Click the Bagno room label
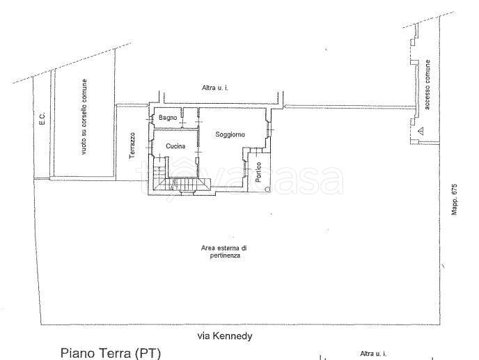168,118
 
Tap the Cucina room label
175,146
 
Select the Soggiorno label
230,134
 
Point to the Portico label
258,173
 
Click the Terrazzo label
132,146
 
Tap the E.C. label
42,118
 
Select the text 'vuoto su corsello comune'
84,116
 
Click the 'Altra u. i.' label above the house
215,88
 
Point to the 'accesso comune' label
427,85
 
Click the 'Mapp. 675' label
454,199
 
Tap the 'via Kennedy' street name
225,336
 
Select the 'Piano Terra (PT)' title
111,353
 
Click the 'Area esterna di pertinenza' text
224,252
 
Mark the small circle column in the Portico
267,189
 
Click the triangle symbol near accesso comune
421,131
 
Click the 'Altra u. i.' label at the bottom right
373,354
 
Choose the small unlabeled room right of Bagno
190,118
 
